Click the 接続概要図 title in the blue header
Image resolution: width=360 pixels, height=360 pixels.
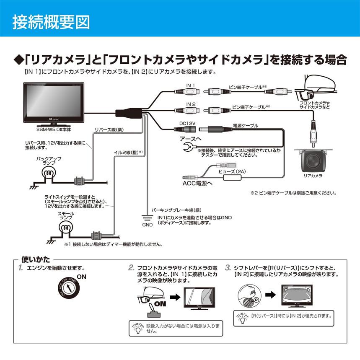[51, 21]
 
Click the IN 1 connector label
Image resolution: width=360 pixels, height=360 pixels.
[191, 85]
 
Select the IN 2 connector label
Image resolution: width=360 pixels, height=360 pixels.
[191, 104]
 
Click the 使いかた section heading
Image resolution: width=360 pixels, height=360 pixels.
[35, 260]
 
